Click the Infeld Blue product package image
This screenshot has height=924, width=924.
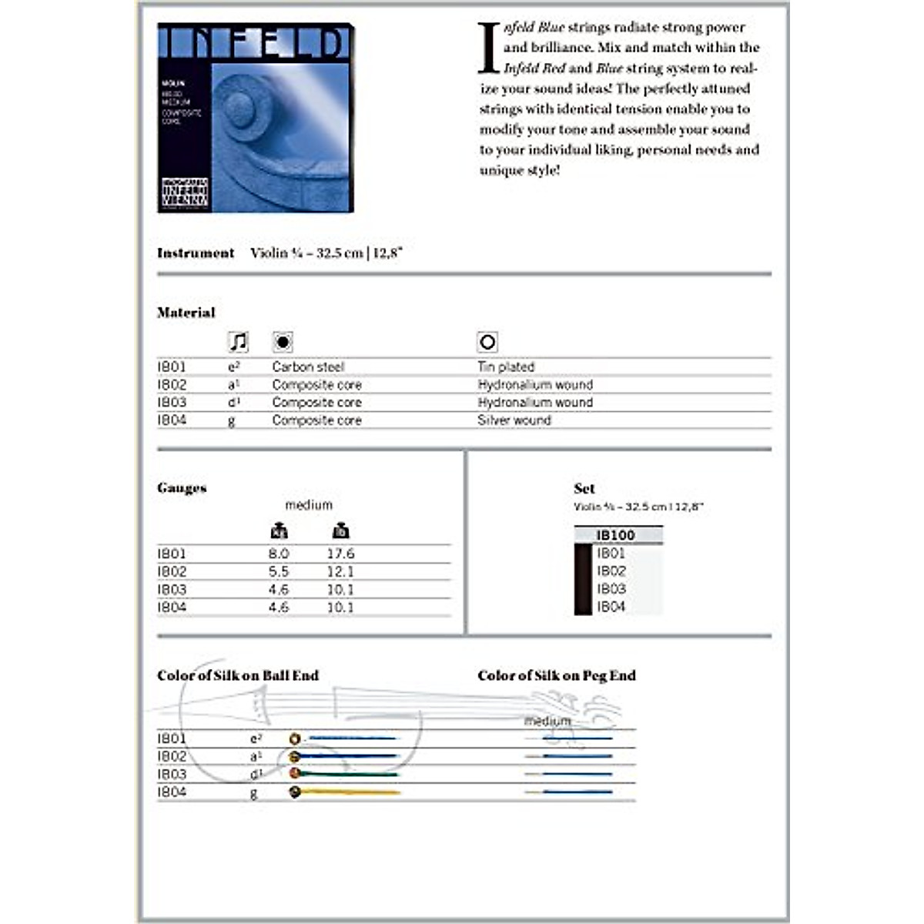click(x=256, y=118)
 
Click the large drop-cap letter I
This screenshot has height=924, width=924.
click(x=488, y=48)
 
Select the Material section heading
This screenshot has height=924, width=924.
click(x=186, y=313)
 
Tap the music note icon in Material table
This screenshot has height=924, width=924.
click(x=239, y=342)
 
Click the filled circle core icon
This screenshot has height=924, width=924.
click(x=283, y=342)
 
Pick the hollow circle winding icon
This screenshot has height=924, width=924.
click(x=487, y=342)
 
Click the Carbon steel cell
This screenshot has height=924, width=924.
click(x=308, y=367)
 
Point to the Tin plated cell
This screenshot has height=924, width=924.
click(x=506, y=367)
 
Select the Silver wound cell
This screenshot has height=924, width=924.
click(x=514, y=420)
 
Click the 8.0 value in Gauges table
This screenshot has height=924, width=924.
click(x=279, y=554)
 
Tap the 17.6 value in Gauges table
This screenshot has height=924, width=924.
click(x=340, y=554)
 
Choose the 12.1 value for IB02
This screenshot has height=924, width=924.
click(x=340, y=571)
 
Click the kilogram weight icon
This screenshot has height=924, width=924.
click(x=279, y=531)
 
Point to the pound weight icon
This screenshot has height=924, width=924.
click(x=340, y=531)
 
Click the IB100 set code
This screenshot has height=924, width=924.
click(x=615, y=535)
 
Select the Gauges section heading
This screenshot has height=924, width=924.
click(x=182, y=488)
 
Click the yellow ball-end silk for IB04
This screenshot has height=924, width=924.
click(x=350, y=792)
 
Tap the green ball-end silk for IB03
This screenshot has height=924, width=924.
click(x=350, y=773)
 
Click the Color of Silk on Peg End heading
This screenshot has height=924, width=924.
click(x=556, y=676)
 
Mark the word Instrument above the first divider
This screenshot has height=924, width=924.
click(x=196, y=253)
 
